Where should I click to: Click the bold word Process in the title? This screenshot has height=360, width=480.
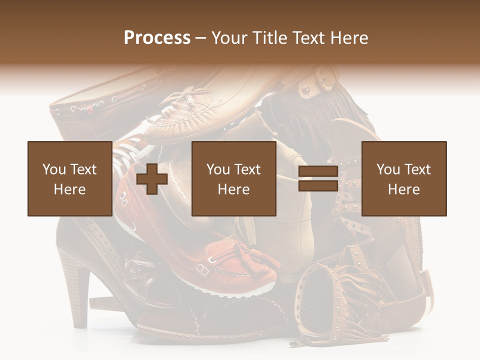pyautogui.click(x=157, y=37)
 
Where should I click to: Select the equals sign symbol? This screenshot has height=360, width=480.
pyautogui.click(x=318, y=178)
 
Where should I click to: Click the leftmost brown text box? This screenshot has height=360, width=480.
pyautogui.click(x=69, y=178)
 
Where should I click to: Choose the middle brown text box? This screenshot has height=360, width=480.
pyautogui.click(x=233, y=178)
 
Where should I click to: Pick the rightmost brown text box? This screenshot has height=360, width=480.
pyautogui.click(x=403, y=178)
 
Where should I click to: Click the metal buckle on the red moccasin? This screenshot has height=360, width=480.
pyautogui.click(x=202, y=269)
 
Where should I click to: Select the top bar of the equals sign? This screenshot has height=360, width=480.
pyautogui.click(x=318, y=172)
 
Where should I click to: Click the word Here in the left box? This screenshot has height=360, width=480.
pyautogui.click(x=69, y=189)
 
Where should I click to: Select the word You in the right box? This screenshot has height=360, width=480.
pyautogui.click(x=388, y=169)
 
